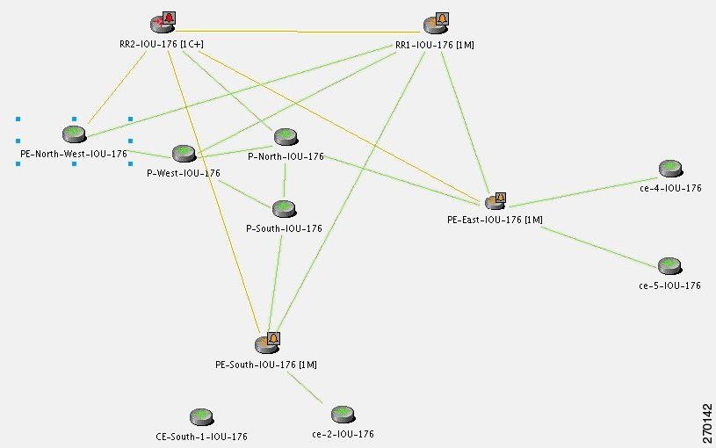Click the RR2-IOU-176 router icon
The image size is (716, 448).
[x=159, y=25]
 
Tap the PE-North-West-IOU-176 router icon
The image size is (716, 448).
[x=74, y=134]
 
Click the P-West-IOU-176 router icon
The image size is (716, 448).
[x=184, y=154]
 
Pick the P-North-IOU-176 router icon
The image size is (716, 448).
[x=285, y=137]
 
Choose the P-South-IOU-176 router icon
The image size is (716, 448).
[x=283, y=208]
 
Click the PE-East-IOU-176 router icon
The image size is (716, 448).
[x=492, y=203]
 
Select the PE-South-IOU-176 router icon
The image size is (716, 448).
[x=265, y=343]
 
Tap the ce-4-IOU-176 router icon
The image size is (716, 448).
[x=669, y=169]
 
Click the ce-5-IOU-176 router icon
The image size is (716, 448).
[x=669, y=266]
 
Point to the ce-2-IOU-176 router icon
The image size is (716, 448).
[x=343, y=414]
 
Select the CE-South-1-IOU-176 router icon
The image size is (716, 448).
[x=201, y=416]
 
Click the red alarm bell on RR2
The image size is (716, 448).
[x=170, y=18]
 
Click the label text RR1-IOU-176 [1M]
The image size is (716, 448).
[x=434, y=44]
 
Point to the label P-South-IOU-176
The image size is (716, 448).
[x=284, y=228]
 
